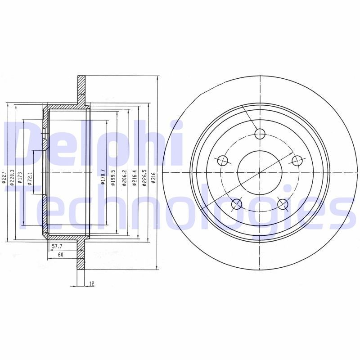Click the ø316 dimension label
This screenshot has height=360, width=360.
[x=153, y=178]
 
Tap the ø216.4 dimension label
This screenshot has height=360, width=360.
[x=134, y=177]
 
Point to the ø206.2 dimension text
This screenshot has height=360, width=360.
[x=123, y=177]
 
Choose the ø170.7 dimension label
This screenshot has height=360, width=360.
[x=103, y=177]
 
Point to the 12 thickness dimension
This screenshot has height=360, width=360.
[x=91, y=283]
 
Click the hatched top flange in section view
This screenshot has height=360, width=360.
[x=81, y=88]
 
